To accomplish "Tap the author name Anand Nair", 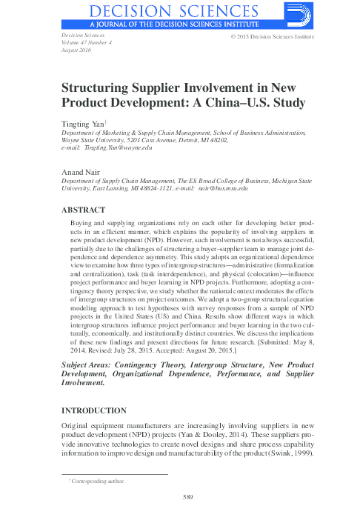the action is [79, 171].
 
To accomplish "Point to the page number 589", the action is [188, 496].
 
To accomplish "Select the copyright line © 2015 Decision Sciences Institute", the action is [273, 36].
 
